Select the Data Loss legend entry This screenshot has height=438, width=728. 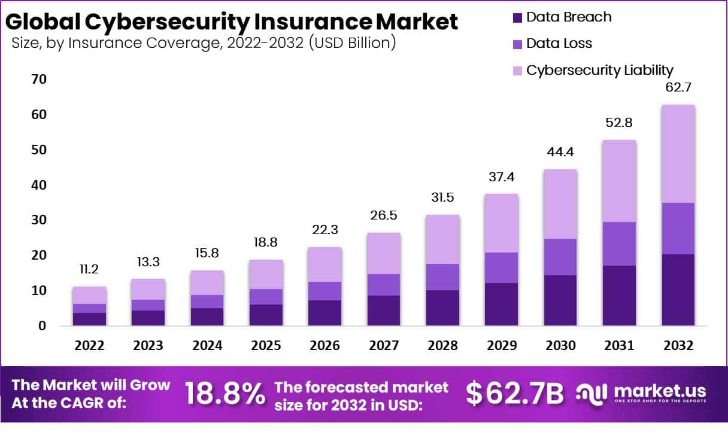(x=559, y=44)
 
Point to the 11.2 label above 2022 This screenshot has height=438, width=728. (x=89, y=270)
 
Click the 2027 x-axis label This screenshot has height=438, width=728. (x=384, y=346)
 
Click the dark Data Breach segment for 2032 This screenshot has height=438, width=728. (x=678, y=290)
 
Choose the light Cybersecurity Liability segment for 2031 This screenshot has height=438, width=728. (x=619, y=181)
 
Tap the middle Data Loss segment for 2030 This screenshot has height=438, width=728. (x=560, y=257)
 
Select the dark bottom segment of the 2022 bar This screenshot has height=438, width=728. (x=89, y=319)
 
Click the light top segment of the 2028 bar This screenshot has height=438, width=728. (x=442, y=239)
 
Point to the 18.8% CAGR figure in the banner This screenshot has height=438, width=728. (x=225, y=394)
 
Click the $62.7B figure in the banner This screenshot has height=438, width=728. (x=515, y=394)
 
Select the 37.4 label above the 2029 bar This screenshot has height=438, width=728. (x=501, y=177)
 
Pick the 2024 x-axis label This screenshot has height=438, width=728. (x=207, y=346)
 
